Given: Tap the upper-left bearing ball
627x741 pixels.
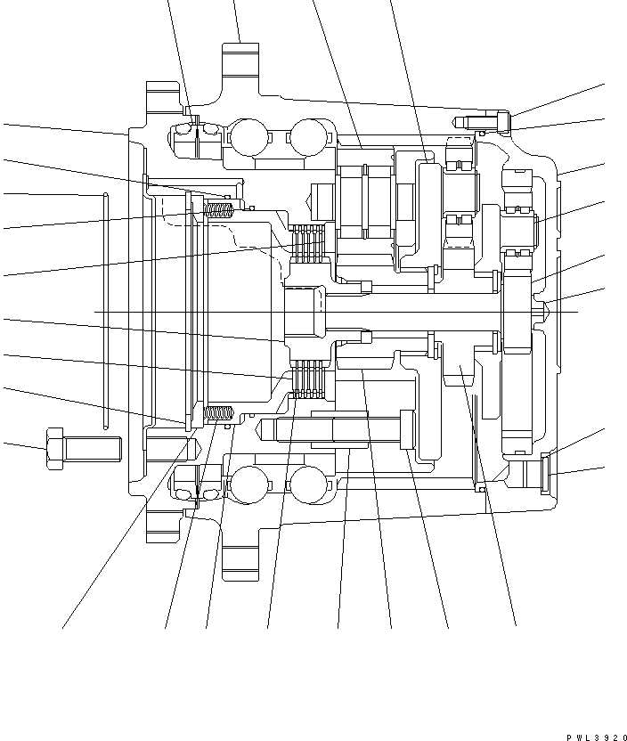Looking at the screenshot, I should tap(248, 136).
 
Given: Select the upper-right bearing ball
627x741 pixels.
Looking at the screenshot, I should tap(306, 136).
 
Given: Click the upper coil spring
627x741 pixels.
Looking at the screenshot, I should tap(218, 209).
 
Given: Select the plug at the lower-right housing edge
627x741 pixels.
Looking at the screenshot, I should tap(546, 471).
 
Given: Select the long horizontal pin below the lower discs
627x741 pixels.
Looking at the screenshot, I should tap(338, 430).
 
